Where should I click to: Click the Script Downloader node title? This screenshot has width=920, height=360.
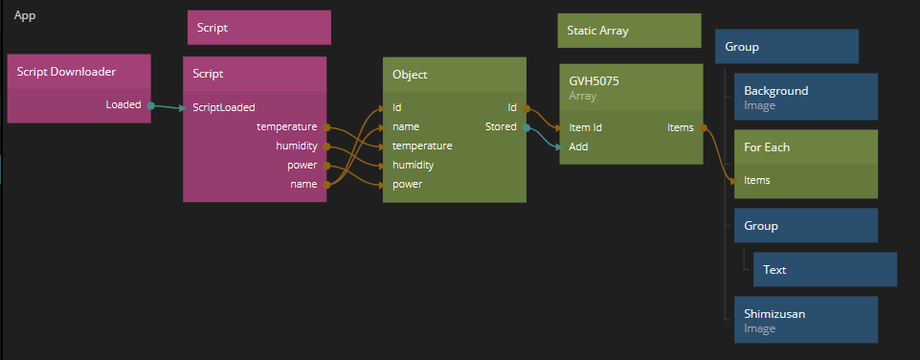coord(66,72)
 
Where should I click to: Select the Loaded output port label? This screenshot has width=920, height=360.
coord(123,104)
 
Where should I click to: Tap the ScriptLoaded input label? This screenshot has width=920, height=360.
coord(224,107)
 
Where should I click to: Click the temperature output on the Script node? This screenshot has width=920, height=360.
coord(287,126)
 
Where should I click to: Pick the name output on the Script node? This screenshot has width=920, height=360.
coord(303,184)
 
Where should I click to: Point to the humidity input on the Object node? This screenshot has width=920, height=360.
coord(413,165)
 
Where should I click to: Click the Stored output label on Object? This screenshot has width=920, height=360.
coord(501,126)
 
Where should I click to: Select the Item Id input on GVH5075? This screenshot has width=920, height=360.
coord(586,127)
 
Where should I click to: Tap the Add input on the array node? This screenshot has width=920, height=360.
coord(578,146)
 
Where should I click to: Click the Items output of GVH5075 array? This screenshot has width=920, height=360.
coord(681,127)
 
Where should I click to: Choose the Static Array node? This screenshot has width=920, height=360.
coord(629,31)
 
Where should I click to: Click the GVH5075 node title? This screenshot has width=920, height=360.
coord(594,81)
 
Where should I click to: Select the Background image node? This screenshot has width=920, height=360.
coord(805,97)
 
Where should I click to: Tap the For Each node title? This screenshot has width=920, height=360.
coord(767,146)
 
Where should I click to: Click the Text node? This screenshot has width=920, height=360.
coord(825,270)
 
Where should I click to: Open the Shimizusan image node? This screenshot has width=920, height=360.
coord(805,320)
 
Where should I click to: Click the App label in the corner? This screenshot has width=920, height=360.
coord(25,16)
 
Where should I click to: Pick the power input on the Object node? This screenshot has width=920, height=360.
coord(407,184)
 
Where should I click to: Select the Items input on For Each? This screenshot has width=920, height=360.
coord(757,180)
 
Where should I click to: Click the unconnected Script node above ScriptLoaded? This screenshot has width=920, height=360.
coord(259,27)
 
